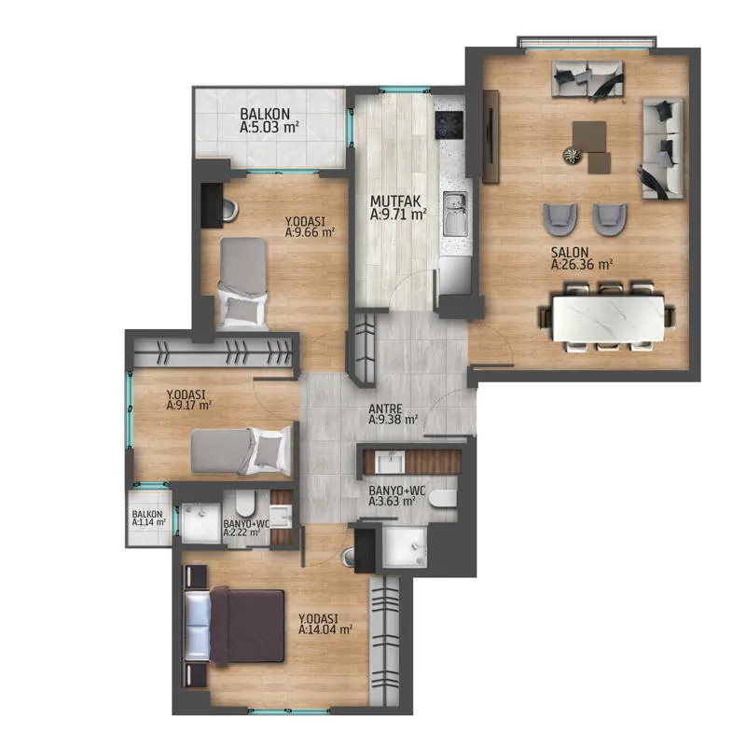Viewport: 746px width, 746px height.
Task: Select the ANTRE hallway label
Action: (x=385, y=408)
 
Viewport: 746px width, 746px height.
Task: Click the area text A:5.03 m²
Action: (x=269, y=127)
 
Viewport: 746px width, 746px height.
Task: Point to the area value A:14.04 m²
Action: (x=325, y=629)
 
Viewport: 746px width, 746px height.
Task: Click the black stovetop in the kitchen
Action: (x=449, y=125)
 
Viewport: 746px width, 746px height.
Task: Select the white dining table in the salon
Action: (x=609, y=318)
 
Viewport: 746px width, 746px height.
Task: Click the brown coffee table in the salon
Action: (x=590, y=143)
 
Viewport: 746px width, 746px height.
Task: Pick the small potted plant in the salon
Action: (x=572, y=156)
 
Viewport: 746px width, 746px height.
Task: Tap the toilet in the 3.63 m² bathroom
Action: (x=442, y=499)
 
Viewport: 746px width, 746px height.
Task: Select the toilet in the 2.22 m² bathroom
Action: (x=245, y=503)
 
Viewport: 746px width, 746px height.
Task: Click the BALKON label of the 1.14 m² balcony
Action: (x=147, y=515)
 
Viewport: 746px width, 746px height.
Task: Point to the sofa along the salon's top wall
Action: (x=587, y=79)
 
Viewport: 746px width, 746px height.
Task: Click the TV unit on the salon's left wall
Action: (x=490, y=136)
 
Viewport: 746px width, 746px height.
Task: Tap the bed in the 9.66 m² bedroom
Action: (x=242, y=283)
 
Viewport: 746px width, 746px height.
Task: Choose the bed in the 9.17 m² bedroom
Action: (x=241, y=451)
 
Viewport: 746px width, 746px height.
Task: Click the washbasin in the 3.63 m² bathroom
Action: (x=390, y=462)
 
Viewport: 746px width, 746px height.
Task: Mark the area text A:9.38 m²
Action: (x=393, y=420)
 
